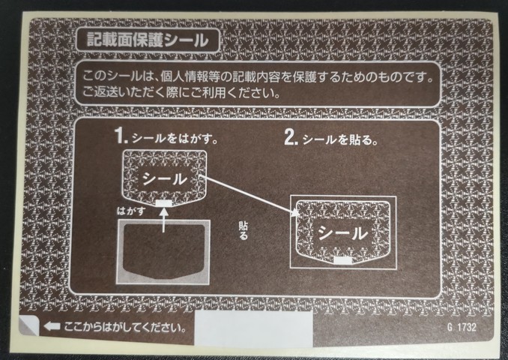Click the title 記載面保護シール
(148, 40)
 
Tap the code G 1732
(462, 327)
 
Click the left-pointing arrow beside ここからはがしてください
(52, 326)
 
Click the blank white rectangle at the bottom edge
(253, 328)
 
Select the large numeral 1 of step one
(120, 135)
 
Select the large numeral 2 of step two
(291, 136)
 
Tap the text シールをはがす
(175, 139)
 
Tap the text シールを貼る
(340, 139)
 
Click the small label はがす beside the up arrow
(131, 211)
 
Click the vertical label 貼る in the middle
(244, 230)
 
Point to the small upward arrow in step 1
(164, 220)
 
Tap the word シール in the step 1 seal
(165, 178)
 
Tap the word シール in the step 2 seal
(342, 233)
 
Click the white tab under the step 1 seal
(164, 203)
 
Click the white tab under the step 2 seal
(342, 260)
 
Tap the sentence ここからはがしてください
(125, 326)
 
